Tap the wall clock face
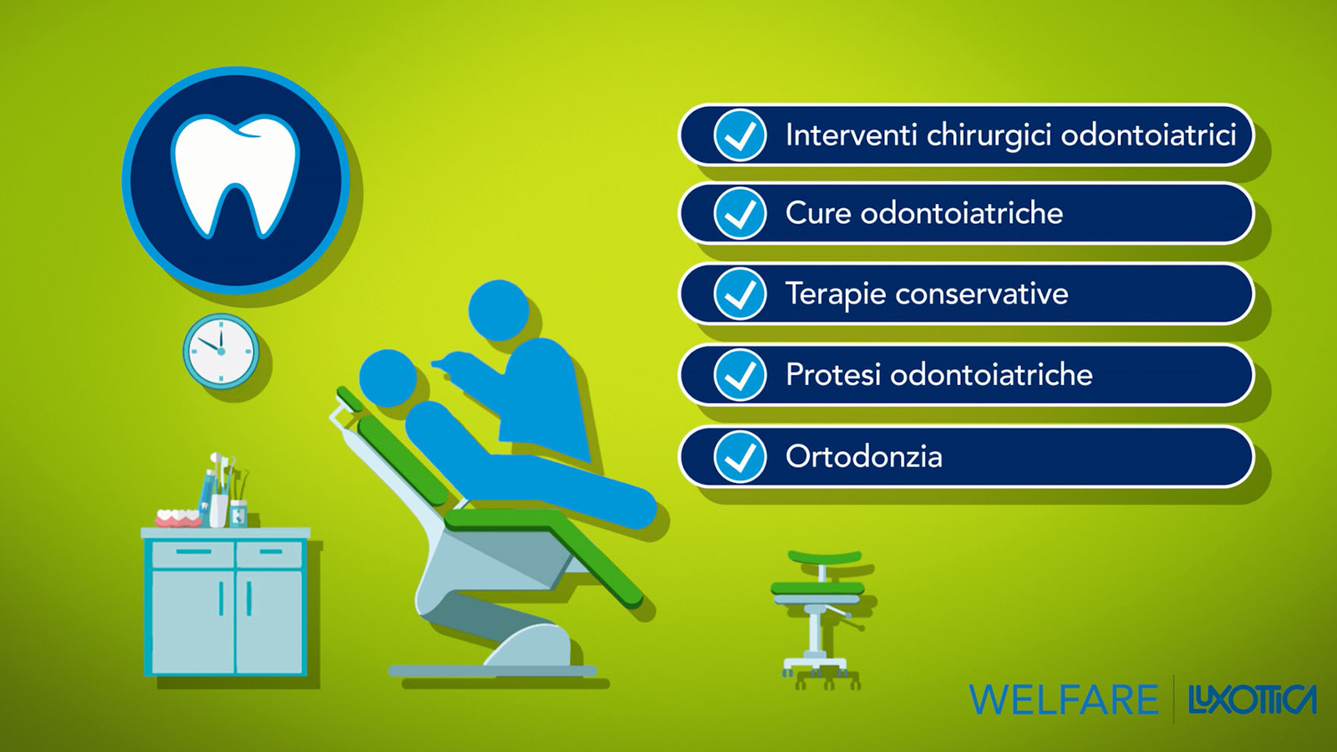pyautogui.click(x=221, y=351)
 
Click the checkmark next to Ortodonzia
pyautogui.click(x=740, y=456)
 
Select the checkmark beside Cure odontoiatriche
pyautogui.click(x=740, y=213)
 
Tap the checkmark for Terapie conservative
pyautogui.click(x=740, y=293)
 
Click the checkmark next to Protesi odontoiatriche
pyautogui.click(x=740, y=375)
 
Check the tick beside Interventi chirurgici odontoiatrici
pyautogui.click(x=740, y=135)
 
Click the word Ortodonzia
pyautogui.click(x=864, y=456)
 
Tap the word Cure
pyautogui.click(x=818, y=213)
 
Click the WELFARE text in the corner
pyautogui.click(x=1063, y=699)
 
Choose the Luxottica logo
pyautogui.click(x=1253, y=699)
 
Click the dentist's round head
pyautogui.click(x=499, y=310)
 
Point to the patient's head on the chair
pyautogui.click(x=388, y=379)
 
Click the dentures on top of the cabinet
pyautogui.click(x=178, y=518)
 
